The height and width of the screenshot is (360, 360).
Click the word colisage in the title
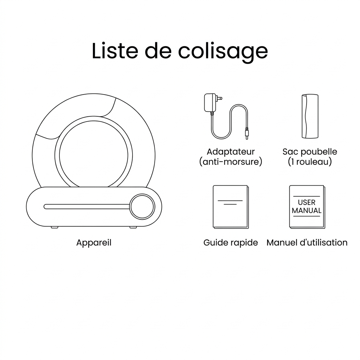pyautogui.click(x=223, y=51)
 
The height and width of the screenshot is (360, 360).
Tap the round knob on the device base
pyautogui.click(x=142, y=206)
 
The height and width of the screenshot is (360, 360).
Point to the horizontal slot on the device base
pyautogui.click(x=86, y=206)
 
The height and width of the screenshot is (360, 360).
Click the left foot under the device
pyautogui.click(x=54, y=227)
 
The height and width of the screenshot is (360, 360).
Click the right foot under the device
pyautogui.click(x=133, y=227)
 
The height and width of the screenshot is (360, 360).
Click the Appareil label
pyautogui.click(x=94, y=243)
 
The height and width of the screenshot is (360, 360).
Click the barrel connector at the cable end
pyautogui.click(x=247, y=134)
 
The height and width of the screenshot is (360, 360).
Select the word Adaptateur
pyautogui.click(x=231, y=152)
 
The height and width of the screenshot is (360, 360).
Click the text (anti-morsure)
pyautogui.click(x=231, y=162)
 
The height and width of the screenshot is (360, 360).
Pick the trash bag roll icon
pyautogui.click(x=310, y=116)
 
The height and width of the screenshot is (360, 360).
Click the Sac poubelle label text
pyautogui.click(x=310, y=152)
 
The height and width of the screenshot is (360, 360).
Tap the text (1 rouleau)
pyautogui.click(x=310, y=162)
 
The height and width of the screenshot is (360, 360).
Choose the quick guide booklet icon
pyautogui.click(x=230, y=206)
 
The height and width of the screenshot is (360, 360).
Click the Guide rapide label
pyautogui.click(x=231, y=243)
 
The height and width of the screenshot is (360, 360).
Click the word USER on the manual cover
pyautogui.click(x=307, y=202)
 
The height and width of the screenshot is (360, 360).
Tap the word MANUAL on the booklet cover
pyautogui.click(x=307, y=211)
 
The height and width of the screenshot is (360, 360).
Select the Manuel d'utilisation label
pyautogui.click(x=307, y=243)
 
